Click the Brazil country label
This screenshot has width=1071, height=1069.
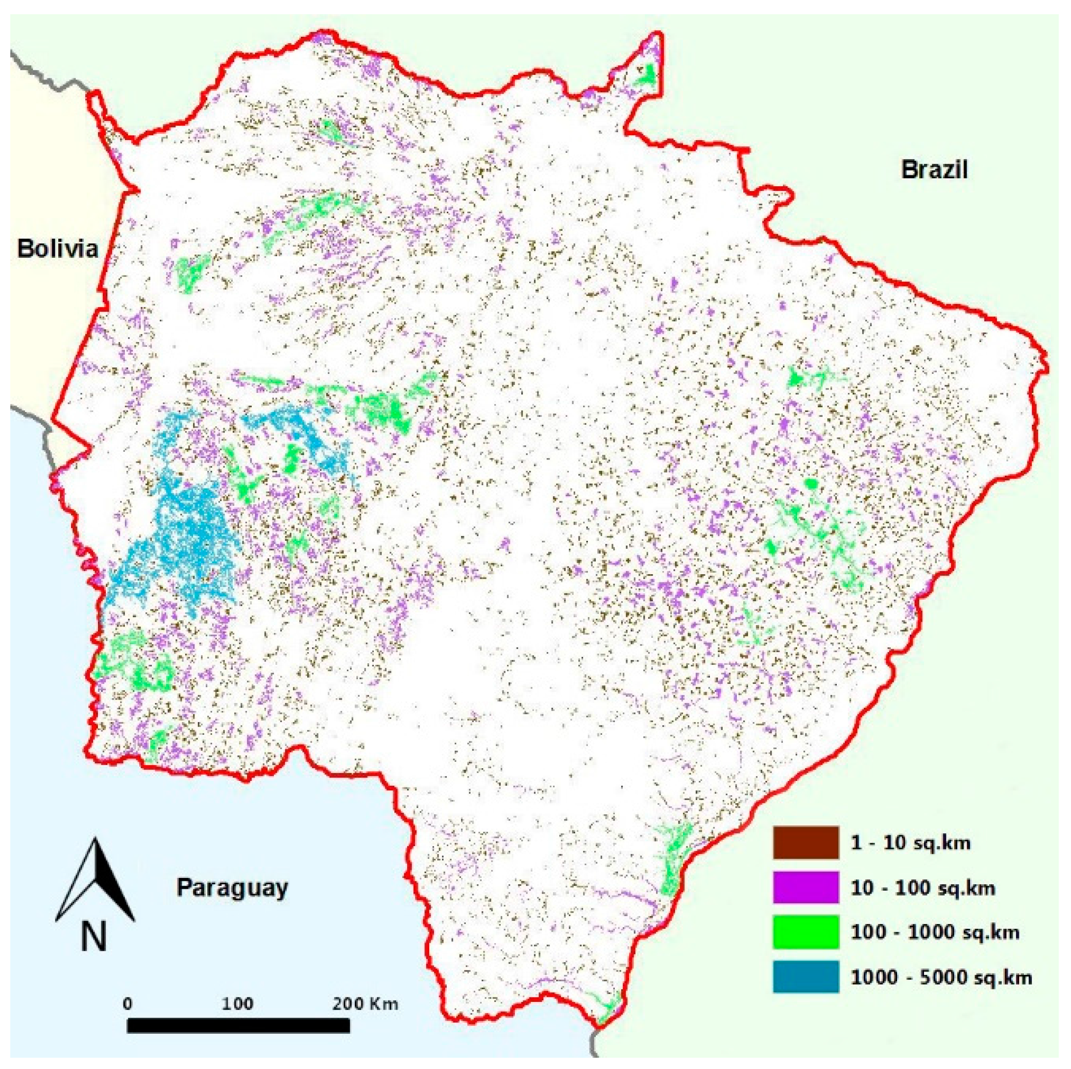point(934,169)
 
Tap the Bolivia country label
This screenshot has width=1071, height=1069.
point(58,248)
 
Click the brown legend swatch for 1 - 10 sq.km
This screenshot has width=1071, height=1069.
point(805,842)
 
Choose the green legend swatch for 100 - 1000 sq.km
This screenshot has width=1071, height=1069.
point(805,931)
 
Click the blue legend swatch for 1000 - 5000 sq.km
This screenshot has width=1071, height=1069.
point(805,976)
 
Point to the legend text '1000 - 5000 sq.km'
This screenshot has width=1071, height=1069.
point(941,977)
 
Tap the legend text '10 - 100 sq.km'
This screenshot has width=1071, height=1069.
point(923,888)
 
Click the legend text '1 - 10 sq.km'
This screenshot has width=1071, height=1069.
point(910,843)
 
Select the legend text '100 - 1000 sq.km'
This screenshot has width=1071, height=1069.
point(935,932)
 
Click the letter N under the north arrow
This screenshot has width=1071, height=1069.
point(94,937)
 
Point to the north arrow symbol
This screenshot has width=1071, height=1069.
point(96,881)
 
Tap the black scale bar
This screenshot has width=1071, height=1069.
point(239,1026)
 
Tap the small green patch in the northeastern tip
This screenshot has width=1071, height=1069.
point(646,75)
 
